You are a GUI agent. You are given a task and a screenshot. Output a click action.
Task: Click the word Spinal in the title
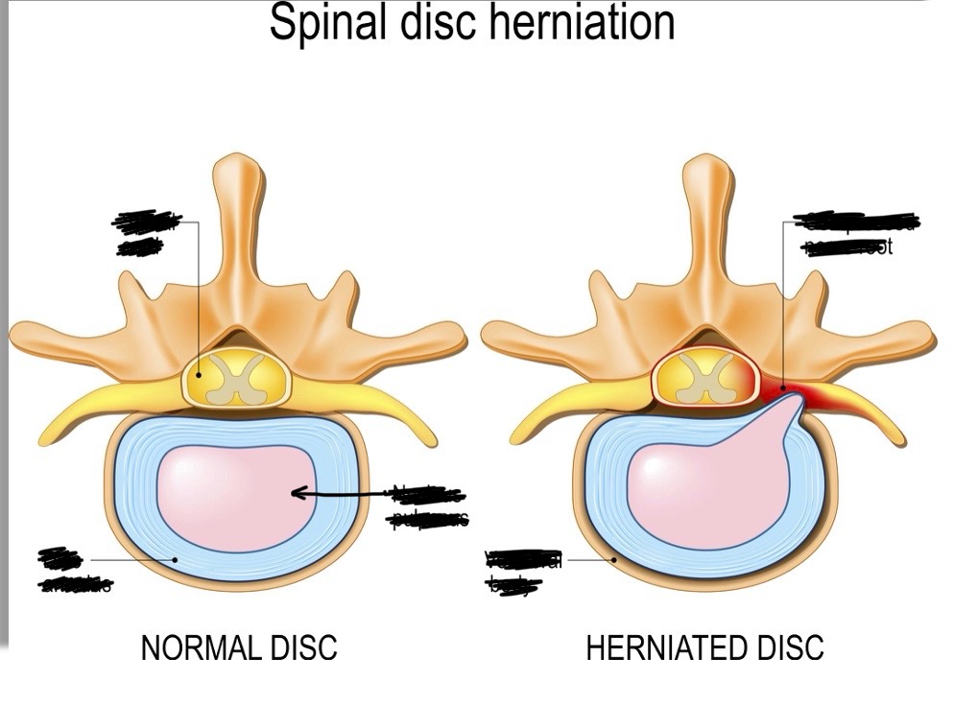point(322,23)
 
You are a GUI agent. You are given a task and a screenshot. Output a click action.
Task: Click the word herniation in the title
point(585,23)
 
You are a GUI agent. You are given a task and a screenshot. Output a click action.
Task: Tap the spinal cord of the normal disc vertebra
point(233,377)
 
